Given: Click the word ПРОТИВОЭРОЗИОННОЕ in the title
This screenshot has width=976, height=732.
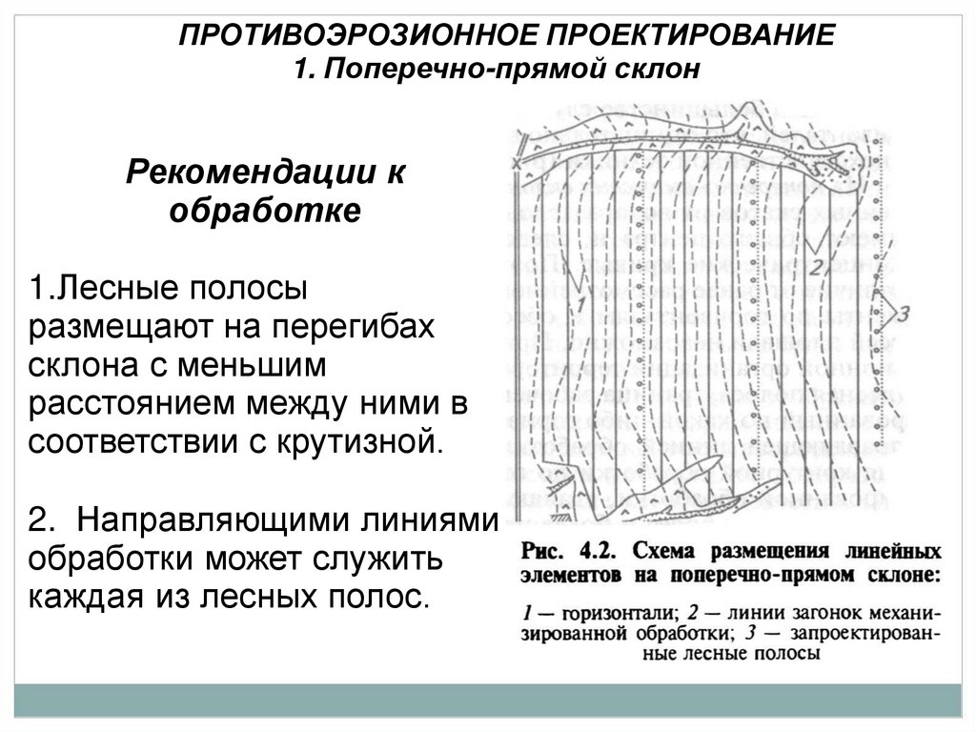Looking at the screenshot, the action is [x=356, y=37].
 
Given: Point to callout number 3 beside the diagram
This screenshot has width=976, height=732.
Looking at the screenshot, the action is [x=905, y=311].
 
